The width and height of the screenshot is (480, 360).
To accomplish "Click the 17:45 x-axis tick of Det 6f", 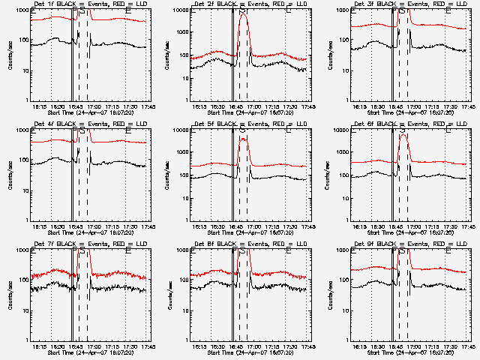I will (466, 227).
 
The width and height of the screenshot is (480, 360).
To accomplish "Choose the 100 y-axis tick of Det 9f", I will (344, 280).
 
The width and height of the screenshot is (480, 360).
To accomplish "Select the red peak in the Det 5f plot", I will (244, 139).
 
